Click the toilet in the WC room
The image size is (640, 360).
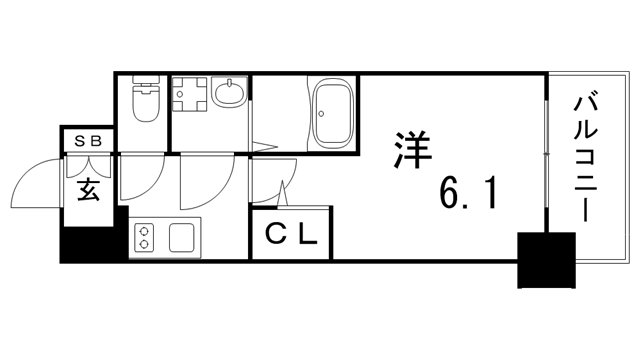(x=146, y=103)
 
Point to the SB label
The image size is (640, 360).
(x=89, y=141)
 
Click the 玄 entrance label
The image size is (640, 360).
(x=89, y=189)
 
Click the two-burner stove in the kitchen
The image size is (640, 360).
(x=145, y=238)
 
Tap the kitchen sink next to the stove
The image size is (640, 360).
(x=182, y=238)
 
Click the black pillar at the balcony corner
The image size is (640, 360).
(x=545, y=258)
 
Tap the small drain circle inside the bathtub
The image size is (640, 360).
(x=322, y=113)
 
